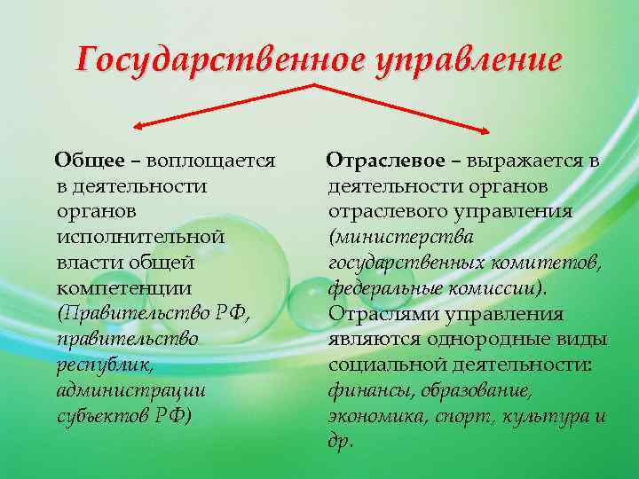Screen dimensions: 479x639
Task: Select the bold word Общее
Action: [x=89, y=161]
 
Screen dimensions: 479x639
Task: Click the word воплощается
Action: [x=210, y=161]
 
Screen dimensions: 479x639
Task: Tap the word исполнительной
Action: [x=139, y=238]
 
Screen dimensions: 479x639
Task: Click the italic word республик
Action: [x=97, y=365]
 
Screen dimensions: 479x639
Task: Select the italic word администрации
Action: [x=130, y=391]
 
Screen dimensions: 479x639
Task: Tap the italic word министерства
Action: [x=402, y=238]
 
